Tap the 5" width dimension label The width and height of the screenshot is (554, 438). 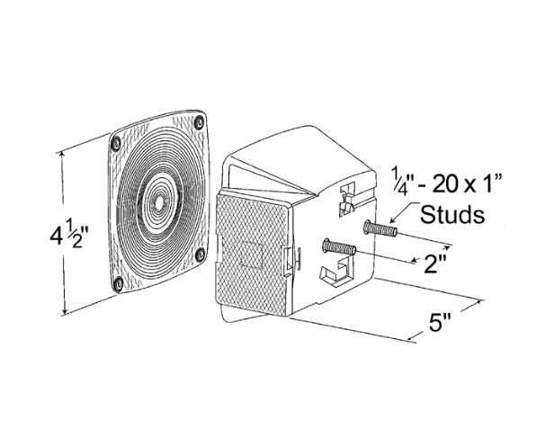[x=440, y=322]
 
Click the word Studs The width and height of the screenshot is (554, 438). [x=452, y=214]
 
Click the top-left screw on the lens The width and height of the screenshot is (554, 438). [x=115, y=143]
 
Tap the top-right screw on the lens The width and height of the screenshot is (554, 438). [x=200, y=122]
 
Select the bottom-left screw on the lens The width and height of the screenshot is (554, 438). [x=119, y=283]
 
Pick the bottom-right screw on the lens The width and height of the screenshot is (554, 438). [x=201, y=254]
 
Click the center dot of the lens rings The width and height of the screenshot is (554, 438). [x=158, y=203]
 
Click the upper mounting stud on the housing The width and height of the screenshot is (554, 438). [x=380, y=228]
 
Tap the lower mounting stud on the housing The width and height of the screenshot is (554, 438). [x=339, y=246]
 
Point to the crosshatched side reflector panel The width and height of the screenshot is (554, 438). [x=252, y=254]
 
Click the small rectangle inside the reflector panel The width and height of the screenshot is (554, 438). [x=251, y=254]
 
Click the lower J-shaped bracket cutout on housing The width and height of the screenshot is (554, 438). [x=336, y=270]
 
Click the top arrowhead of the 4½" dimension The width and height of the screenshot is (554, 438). [x=63, y=155]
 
